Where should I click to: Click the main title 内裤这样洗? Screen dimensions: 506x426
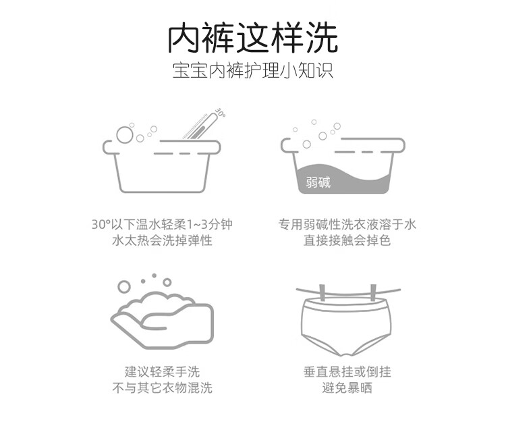point(253,38)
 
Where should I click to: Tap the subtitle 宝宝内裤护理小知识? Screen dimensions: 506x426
point(253,71)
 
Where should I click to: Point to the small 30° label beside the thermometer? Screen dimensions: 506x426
point(220,112)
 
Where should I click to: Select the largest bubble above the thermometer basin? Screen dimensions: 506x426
point(125,134)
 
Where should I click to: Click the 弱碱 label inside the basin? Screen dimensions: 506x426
point(318,182)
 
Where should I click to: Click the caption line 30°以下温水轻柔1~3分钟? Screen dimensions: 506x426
point(162,224)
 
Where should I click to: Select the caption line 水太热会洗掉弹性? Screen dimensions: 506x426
point(162,240)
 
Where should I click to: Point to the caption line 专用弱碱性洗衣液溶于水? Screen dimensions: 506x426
point(347,224)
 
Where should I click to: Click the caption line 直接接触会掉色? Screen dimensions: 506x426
point(347,240)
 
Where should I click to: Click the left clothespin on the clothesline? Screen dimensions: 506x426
point(322,292)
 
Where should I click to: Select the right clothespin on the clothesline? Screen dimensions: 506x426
point(373,292)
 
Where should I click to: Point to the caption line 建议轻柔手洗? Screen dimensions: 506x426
point(162,371)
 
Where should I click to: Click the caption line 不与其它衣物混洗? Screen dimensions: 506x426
point(162,388)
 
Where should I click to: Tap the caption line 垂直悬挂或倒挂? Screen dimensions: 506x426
point(347,371)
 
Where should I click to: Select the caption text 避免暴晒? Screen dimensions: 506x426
point(347,388)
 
